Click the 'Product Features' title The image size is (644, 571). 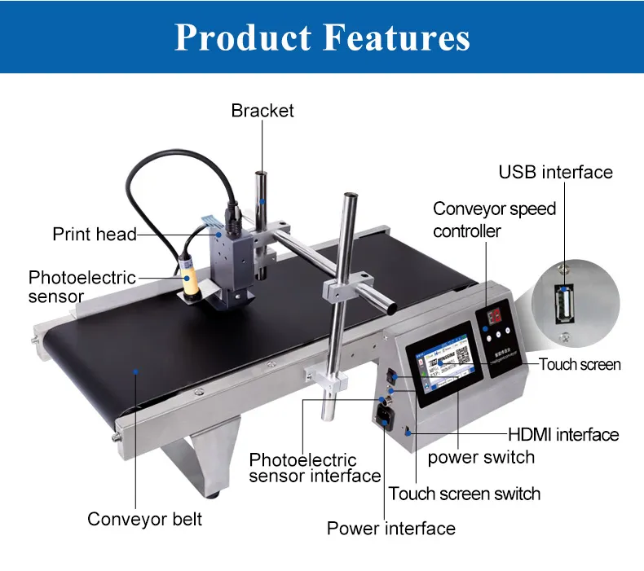(x=322, y=37)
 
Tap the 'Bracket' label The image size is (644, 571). (x=262, y=111)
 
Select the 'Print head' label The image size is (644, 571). (x=95, y=234)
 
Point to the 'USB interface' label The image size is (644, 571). (x=555, y=172)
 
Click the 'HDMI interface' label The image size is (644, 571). (x=563, y=434)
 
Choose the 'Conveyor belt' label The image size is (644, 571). (x=144, y=520)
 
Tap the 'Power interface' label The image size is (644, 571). (x=391, y=529)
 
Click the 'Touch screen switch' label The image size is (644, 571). (x=464, y=494)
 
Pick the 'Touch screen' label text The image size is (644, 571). (x=580, y=364)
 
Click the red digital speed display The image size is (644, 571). (x=494, y=316)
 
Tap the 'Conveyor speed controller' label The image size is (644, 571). (x=494, y=220)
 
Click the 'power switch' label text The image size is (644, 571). (x=481, y=457)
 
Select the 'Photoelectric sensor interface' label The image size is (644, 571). (x=315, y=468)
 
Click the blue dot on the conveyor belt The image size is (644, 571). (x=135, y=372)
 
